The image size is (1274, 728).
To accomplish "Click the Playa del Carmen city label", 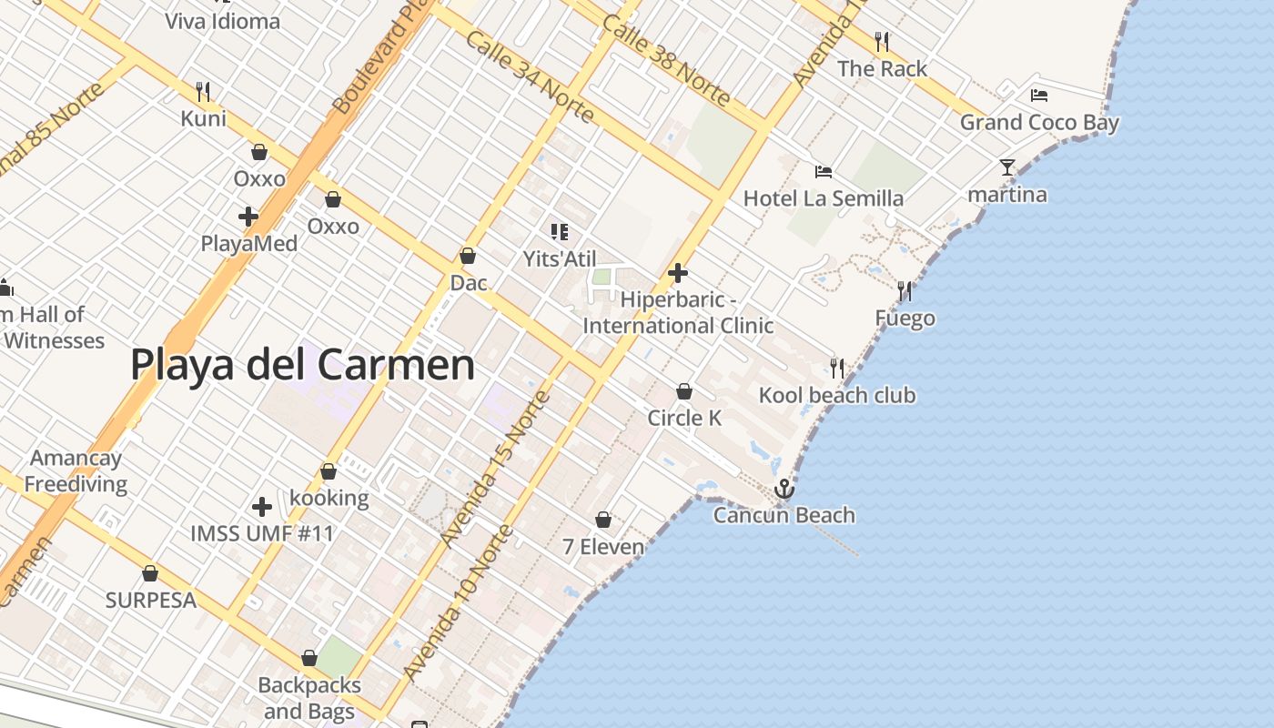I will click(302, 365).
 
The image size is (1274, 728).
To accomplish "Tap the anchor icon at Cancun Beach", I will click(784, 490).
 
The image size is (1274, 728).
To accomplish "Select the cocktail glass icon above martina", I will click(1006, 167).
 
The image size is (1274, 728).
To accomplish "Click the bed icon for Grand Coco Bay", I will click(1039, 95).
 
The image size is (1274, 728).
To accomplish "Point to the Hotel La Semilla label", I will click(824, 198).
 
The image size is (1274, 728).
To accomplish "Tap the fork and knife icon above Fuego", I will click(904, 291).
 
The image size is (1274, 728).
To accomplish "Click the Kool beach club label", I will click(837, 395).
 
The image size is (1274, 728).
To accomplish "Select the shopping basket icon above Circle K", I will click(684, 391).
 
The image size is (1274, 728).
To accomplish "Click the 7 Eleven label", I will click(603, 547).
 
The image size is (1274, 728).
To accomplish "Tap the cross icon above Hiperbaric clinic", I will click(677, 272).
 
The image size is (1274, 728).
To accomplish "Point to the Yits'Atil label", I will click(560, 258).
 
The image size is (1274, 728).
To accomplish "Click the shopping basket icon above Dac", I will click(468, 257).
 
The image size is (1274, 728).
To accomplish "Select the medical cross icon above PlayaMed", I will click(248, 217).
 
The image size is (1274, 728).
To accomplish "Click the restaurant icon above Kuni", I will click(203, 91).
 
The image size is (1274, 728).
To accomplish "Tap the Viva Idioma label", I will click(223, 21).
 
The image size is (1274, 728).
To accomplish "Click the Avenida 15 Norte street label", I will click(495, 469).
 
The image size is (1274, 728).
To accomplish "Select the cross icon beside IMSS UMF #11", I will click(262, 507).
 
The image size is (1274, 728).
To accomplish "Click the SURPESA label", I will click(151, 601).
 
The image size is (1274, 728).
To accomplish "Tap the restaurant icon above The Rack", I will click(881, 41).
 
